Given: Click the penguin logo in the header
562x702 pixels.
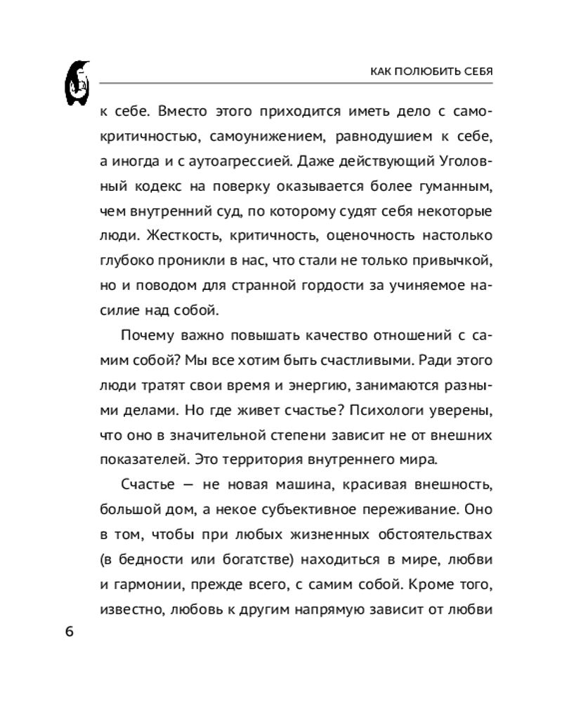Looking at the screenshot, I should point(80,83).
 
